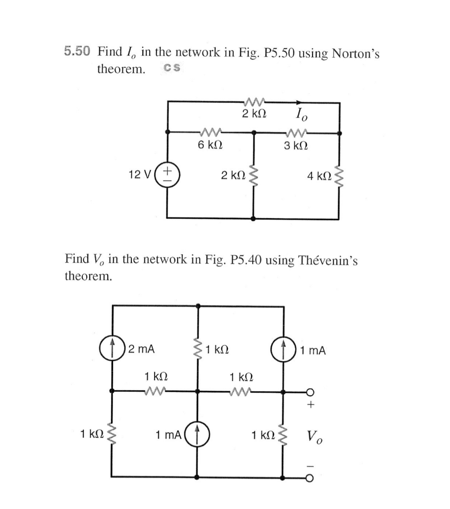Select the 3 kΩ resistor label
point(296,146)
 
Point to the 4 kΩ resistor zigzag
point(339,176)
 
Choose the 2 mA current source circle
point(112,349)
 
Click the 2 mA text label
point(141,349)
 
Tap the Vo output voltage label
point(314,436)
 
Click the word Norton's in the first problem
point(355,54)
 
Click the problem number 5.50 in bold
point(76,51)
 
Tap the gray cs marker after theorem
point(172,68)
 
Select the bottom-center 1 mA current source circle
point(197,434)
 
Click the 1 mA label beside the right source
point(313,350)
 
